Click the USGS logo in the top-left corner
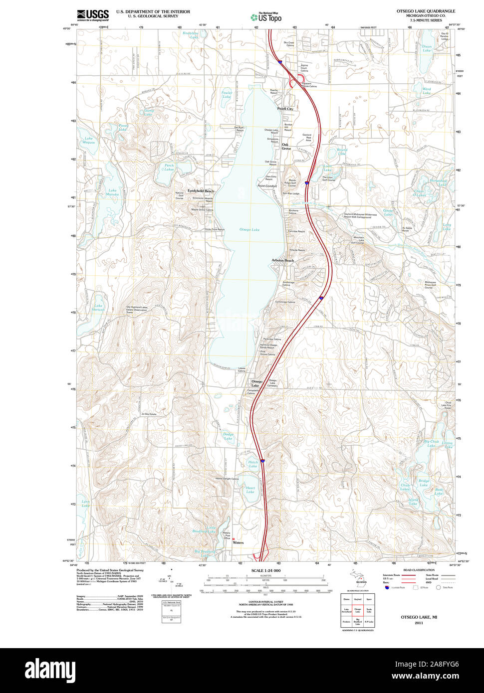pos(93,15)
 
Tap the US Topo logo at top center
pos(266,17)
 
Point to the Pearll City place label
pos(285,109)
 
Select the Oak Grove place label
pos(286,147)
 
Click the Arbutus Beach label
pos(282,261)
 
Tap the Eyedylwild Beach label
pos(201,191)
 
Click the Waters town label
pos(238,542)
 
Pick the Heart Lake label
pos(250,490)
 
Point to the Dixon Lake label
pos(427,48)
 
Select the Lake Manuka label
pos(112,192)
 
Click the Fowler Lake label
pos(227,94)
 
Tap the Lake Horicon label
pos(98,308)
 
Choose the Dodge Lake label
pos(228,436)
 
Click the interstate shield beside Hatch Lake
pos(262,461)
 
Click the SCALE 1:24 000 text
pos(266,570)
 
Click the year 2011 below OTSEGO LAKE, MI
pos(418,623)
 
